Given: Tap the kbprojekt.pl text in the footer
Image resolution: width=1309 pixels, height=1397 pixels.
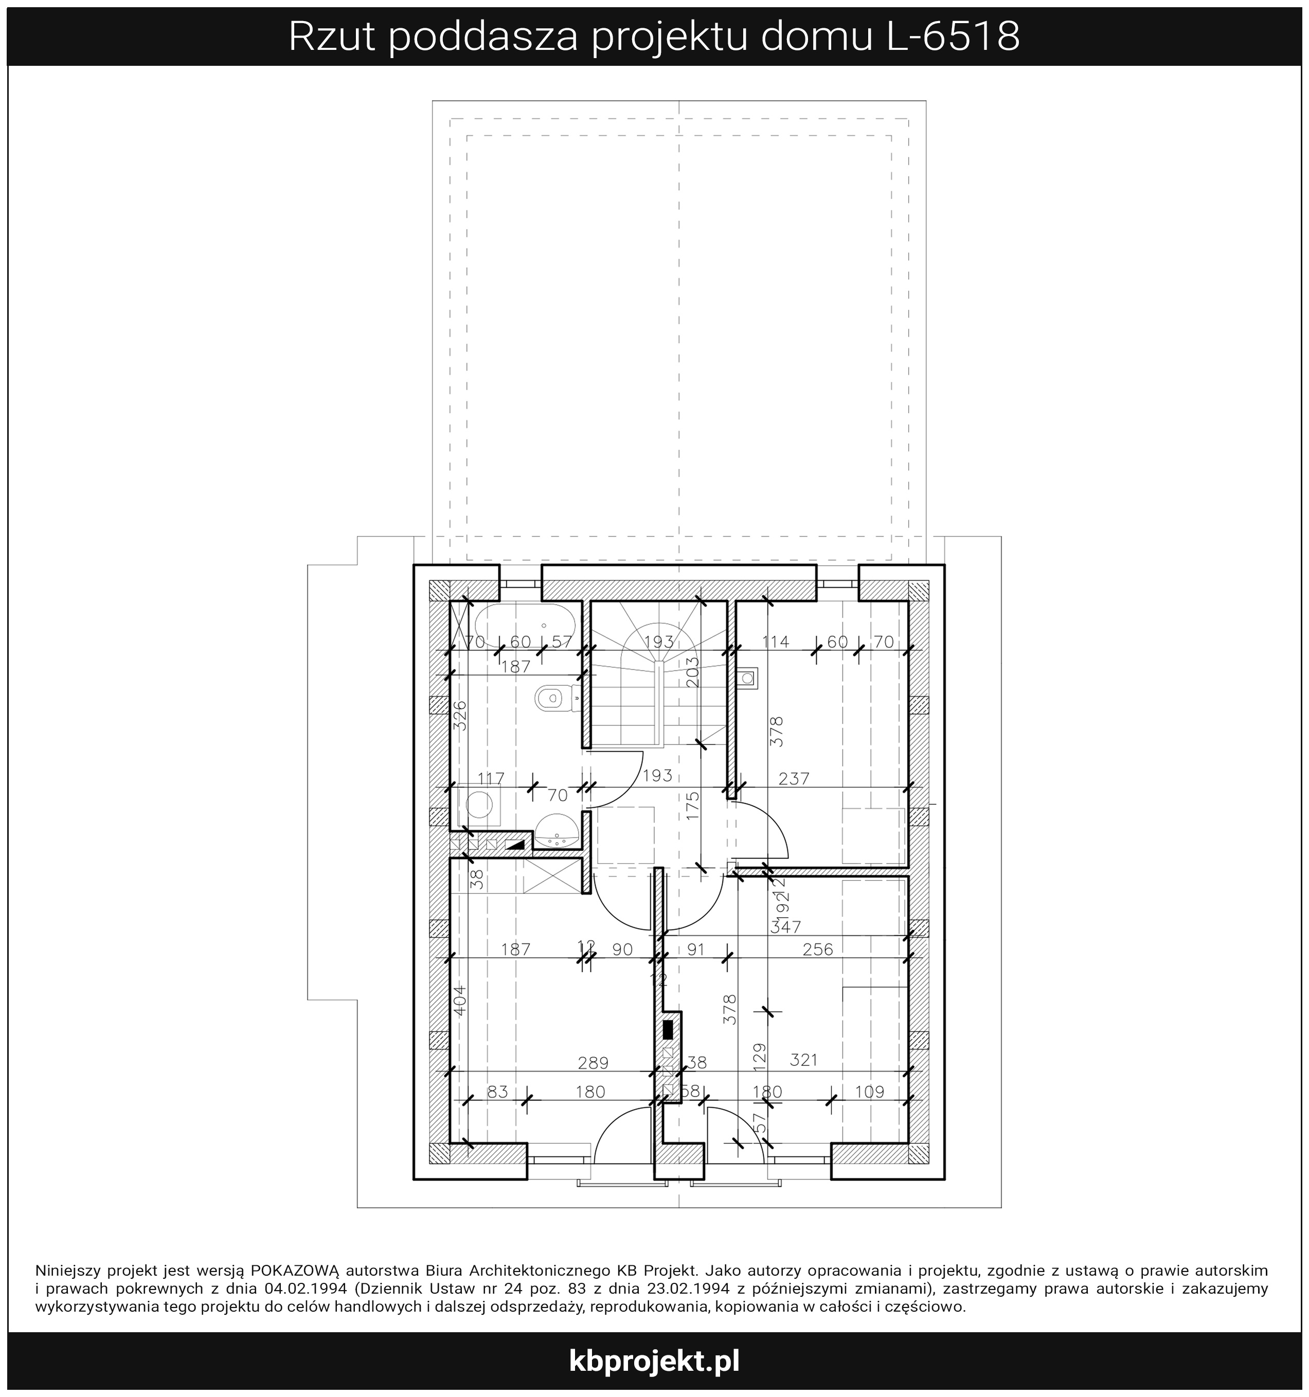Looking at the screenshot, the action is [x=654, y=1361].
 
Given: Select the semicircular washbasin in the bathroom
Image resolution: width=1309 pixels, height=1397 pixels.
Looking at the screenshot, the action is [x=557, y=832].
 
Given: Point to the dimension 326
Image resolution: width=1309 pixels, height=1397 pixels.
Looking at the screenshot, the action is [x=459, y=717].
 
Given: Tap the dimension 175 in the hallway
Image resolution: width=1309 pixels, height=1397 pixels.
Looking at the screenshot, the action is [x=693, y=807].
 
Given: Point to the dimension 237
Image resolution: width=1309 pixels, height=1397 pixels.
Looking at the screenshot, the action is [x=794, y=778].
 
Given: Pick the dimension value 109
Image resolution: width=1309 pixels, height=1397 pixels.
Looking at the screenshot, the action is [x=870, y=1091].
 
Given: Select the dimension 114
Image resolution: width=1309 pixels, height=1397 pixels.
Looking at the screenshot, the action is [x=776, y=642].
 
